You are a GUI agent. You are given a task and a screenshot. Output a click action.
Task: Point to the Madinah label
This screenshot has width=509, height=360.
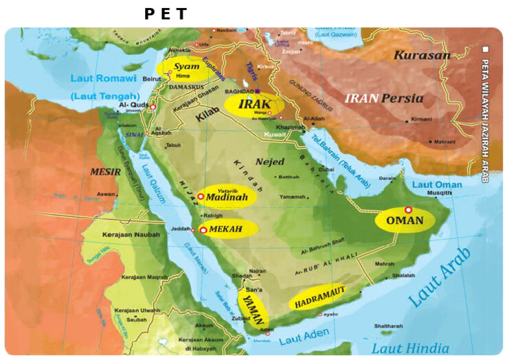coord(227,197)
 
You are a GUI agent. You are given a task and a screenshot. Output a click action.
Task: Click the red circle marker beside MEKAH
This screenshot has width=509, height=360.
coord(203,229)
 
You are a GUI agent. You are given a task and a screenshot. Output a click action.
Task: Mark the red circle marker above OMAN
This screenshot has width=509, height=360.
coord(408,210)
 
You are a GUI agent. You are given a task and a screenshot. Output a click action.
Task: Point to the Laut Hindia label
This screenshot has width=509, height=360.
coord(410,348)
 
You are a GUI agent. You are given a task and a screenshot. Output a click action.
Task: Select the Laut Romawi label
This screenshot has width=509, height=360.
coord(101,79)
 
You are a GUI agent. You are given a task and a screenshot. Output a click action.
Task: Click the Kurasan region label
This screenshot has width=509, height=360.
coord(422,55)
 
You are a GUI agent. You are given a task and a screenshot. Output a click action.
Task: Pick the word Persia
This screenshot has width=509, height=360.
coord(402,98)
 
